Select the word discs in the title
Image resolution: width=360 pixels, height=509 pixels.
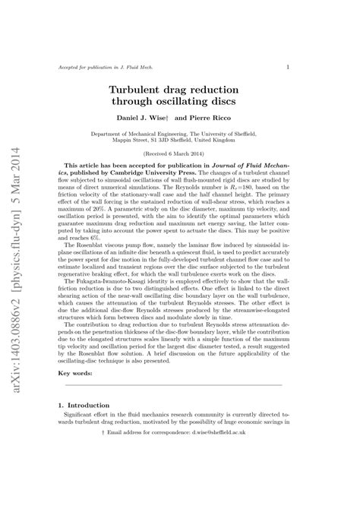220,101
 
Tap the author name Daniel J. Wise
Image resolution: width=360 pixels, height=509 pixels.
143,119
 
